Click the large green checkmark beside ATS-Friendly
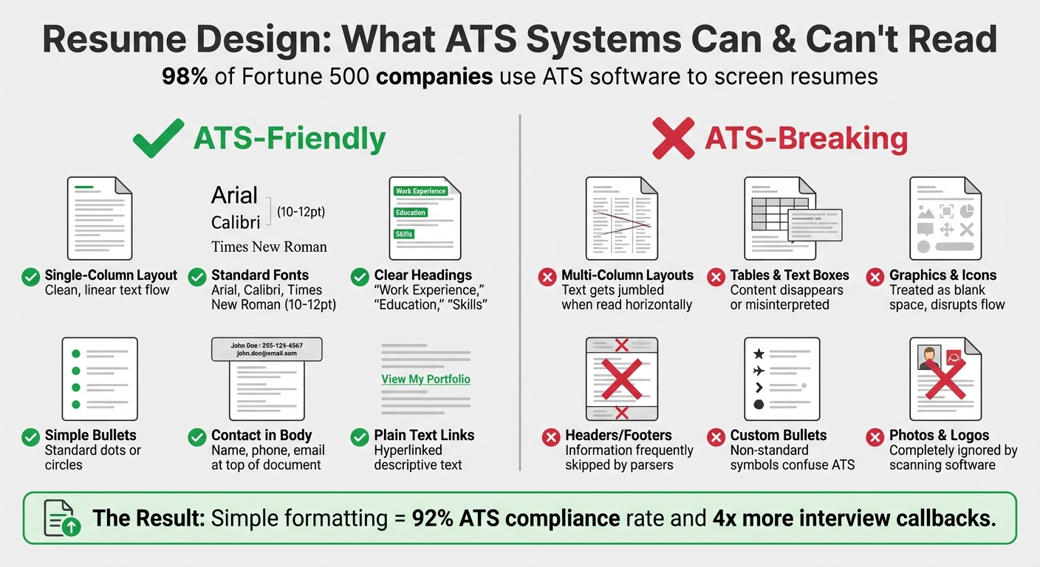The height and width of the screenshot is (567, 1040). click(x=158, y=139)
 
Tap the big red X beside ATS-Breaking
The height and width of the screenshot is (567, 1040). click(x=673, y=139)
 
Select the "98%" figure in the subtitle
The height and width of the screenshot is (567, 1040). click(x=185, y=76)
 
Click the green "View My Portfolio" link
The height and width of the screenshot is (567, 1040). click(x=425, y=379)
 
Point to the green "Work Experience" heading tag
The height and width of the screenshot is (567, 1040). click(x=420, y=191)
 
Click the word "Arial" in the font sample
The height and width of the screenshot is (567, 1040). click(x=234, y=196)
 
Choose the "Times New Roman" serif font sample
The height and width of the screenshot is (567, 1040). click(x=269, y=247)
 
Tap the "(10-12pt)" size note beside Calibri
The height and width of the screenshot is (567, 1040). click(x=301, y=212)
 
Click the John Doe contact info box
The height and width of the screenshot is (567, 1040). click(x=267, y=349)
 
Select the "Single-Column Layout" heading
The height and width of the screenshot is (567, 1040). click(x=111, y=275)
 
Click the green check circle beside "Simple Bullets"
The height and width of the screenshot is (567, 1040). click(x=31, y=438)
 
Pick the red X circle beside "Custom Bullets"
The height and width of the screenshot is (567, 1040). click(x=716, y=438)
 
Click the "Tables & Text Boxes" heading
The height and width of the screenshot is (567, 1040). click(x=790, y=275)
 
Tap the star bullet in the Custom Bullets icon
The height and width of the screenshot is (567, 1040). click(x=758, y=354)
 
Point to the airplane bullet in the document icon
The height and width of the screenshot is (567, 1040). click(x=758, y=371)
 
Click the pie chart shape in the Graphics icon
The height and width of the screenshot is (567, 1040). click(x=967, y=211)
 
